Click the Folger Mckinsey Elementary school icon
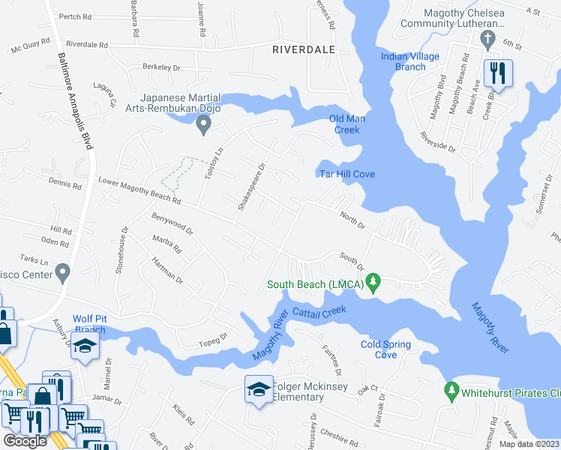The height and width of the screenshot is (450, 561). click(x=258, y=389)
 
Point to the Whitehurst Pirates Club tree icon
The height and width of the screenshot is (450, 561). click(x=451, y=391)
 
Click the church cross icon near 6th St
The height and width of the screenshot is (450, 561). click(x=488, y=38)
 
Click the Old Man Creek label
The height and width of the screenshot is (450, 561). click(x=346, y=124)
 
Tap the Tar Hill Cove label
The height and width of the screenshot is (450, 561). click(x=347, y=174)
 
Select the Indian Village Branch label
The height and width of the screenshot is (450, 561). click(x=413, y=61)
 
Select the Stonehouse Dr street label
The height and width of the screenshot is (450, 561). click(x=120, y=250)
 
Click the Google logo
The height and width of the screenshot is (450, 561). click(x=25, y=441)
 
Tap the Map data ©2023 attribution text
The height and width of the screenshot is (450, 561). click(x=529, y=444)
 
